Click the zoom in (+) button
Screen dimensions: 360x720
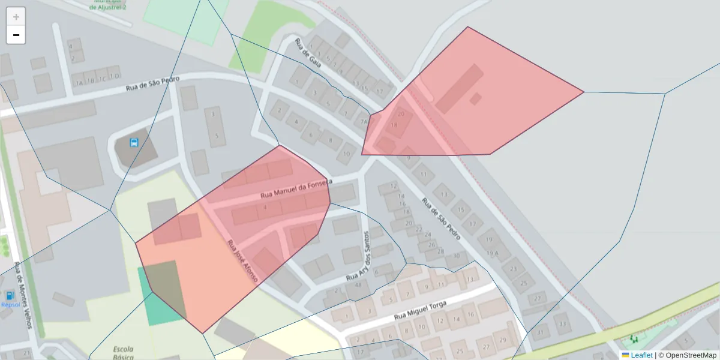click(x=16, y=17)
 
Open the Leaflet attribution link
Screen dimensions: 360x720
click(x=641, y=355)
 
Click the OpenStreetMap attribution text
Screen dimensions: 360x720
click(x=689, y=355)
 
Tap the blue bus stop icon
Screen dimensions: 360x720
click(x=134, y=143)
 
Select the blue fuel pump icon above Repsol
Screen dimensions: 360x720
click(x=10, y=295)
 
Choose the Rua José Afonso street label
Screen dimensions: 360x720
click(x=242, y=262)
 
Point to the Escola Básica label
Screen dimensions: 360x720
click(x=124, y=352)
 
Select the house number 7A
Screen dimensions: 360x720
click(x=363, y=121)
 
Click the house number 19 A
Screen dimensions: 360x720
click(x=492, y=253)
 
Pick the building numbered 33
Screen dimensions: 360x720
click(x=563, y=325)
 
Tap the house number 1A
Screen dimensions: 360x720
click(x=79, y=82)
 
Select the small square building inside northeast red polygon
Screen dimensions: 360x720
click(x=475, y=99)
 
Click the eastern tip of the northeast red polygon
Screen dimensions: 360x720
click(x=583, y=92)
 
